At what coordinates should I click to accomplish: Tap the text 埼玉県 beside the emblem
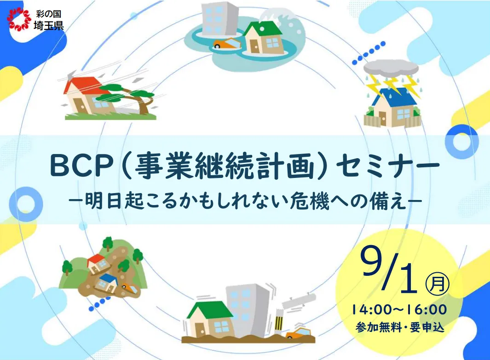49,25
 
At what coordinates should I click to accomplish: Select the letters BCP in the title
81,167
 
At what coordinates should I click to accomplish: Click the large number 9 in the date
372,262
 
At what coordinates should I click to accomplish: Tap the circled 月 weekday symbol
438,284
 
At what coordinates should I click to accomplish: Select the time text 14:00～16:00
399,310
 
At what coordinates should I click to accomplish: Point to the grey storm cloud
391,67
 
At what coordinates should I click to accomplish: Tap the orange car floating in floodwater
226,44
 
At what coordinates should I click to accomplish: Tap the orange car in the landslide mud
129,287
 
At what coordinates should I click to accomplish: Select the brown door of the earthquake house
198,328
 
